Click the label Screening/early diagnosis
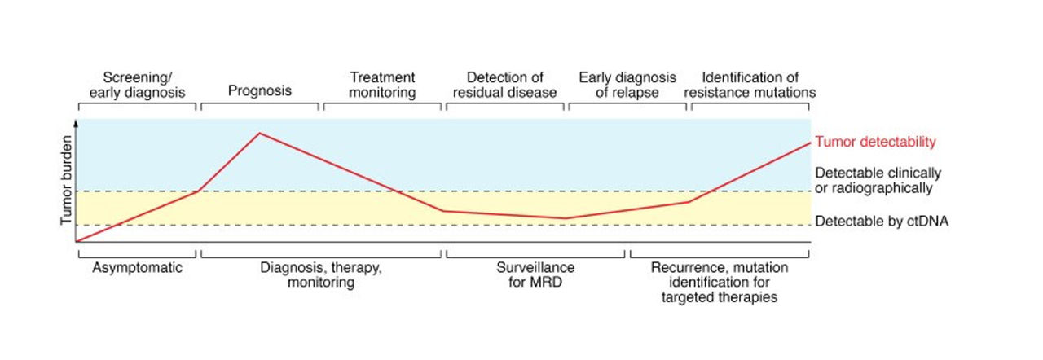[138, 85]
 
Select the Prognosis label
[260, 91]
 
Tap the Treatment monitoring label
[383, 85]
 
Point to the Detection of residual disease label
[505, 85]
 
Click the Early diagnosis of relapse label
[627, 85]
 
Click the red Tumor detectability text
[875, 142]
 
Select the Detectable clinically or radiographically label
[878, 181]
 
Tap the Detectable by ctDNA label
[882, 222]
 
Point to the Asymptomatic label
[138, 267]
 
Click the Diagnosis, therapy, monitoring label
[320, 274]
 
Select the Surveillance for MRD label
[535, 274]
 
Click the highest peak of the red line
[259, 133]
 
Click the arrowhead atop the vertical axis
[76, 121]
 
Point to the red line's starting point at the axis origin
[77, 241]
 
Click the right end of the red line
[810, 143]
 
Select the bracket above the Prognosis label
[260, 105]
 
